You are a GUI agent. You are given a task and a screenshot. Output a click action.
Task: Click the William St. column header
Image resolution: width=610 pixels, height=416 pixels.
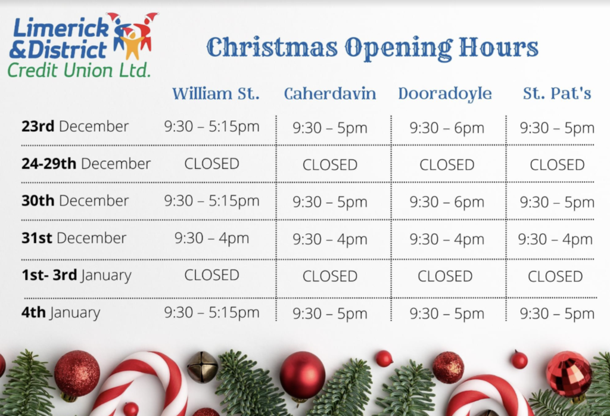(x=216, y=94)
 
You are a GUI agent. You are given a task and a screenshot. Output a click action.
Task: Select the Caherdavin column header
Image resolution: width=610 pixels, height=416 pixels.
(x=330, y=94)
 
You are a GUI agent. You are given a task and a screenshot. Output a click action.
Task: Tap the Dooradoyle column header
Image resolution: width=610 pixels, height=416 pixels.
(x=445, y=94)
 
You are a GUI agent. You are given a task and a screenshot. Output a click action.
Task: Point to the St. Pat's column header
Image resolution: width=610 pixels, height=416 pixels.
(x=557, y=94)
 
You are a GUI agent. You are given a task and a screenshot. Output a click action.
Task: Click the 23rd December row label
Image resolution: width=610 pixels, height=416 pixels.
(x=75, y=126)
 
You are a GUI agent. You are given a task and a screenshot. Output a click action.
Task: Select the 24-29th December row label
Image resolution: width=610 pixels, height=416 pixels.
(x=86, y=163)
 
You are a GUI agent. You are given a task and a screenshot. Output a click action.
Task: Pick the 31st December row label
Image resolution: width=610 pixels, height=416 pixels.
(x=74, y=238)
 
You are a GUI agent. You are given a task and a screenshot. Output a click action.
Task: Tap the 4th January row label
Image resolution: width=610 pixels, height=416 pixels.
(x=61, y=312)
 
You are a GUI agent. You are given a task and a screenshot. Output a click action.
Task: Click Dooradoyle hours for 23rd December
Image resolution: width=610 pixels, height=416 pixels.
(x=447, y=128)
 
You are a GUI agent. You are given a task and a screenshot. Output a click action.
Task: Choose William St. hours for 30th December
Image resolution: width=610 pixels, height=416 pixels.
(x=211, y=201)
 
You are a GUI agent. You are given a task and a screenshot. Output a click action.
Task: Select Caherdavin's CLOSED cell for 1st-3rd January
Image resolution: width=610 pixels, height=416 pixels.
(x=330, y=276)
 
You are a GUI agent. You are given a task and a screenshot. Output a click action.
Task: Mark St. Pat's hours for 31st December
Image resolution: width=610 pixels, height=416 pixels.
(x=555, y=239)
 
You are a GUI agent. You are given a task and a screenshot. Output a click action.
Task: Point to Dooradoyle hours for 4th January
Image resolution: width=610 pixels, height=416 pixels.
(x=447, y=313)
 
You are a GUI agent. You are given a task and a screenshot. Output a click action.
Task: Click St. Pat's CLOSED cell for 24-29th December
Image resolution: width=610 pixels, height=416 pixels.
(x=557, y=164)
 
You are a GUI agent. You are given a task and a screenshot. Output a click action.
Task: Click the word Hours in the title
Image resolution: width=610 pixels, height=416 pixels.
(x=499, y=47)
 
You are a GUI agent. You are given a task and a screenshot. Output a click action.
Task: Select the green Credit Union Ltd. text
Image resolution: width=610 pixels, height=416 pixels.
(x=79, y=70)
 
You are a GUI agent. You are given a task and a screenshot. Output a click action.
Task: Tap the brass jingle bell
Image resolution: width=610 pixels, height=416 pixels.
(x=203, y=367)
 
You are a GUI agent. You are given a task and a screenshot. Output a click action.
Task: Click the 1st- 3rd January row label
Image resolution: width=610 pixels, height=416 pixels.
(x=76, y=275)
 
